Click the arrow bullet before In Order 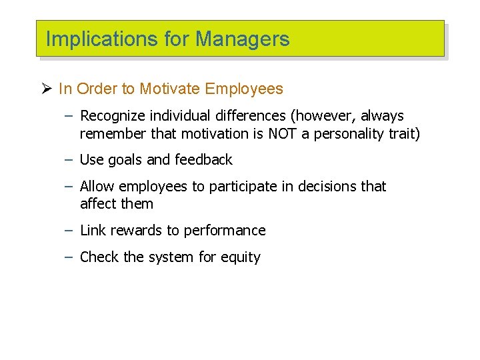click(47, 89)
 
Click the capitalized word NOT click(283, 133)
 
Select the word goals click(125, 160)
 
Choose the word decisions click(320, 187)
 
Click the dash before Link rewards click(69, 231)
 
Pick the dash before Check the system click(69, 257)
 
